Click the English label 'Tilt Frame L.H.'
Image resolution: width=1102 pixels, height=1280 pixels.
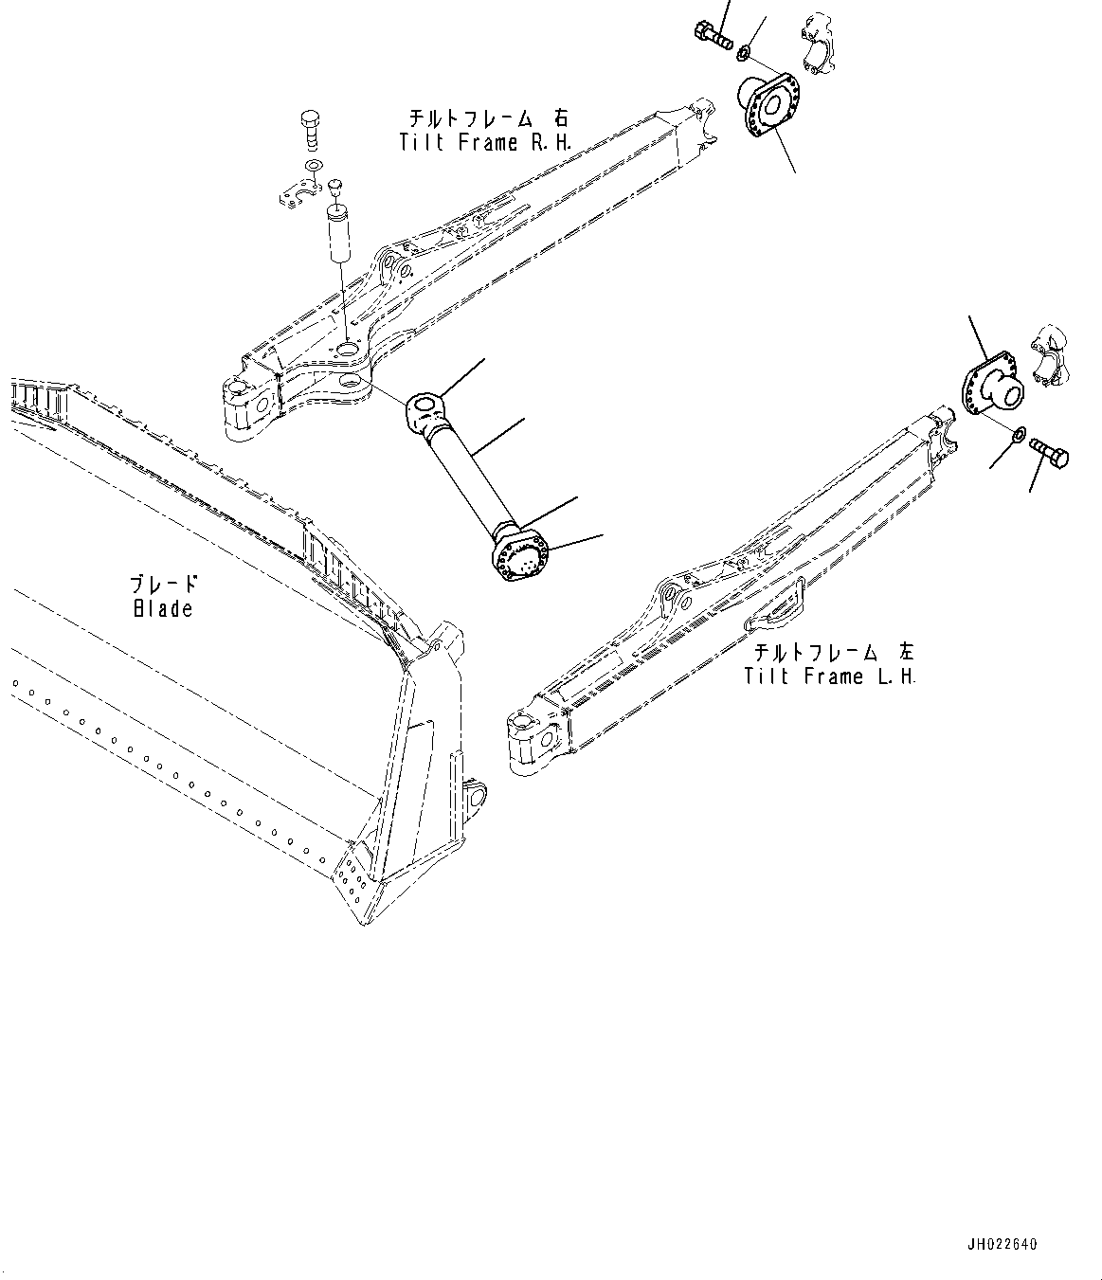click(x=830, y=676)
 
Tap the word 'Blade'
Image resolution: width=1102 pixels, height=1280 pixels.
click(x=162, y=608)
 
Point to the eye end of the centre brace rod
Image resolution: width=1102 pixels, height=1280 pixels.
click(x=425, y=411)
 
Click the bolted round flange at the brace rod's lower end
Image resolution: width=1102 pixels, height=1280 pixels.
click(x=519, y=556)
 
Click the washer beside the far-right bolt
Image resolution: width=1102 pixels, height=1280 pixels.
click(x=1017, y=437)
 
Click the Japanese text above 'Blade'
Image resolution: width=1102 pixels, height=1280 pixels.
click(x=164, y=585)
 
